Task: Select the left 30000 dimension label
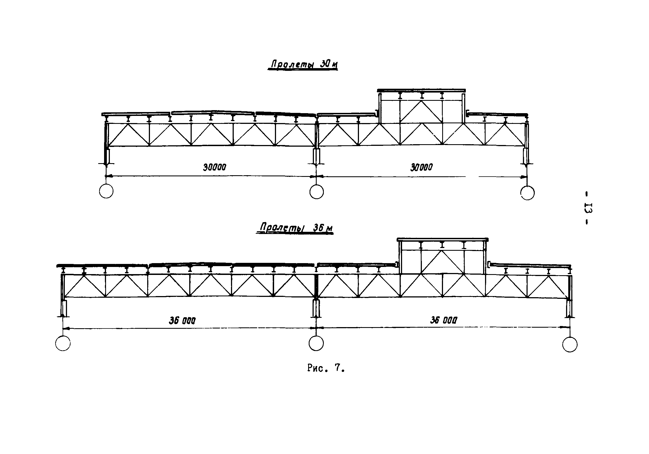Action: pyautogui.click(x=215, y=167)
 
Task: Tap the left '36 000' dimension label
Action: pyautogui.click(x=182, y=321)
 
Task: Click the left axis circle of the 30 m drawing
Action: pyautogui.click(x=106, y=191)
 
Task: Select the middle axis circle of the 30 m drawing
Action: pyautogui.click(x=317, y=192)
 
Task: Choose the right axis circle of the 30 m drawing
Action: pyautogui.click(x=527, y=193)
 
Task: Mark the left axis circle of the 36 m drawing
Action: pyautogui.click(x=63, y=344)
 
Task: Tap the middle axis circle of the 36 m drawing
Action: pyautogui.click(x=316, y=343)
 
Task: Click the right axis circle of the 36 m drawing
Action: pyautogui.click(x=570, y=345)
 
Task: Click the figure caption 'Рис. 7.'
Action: pyautogui.click(x=326, y=368)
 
